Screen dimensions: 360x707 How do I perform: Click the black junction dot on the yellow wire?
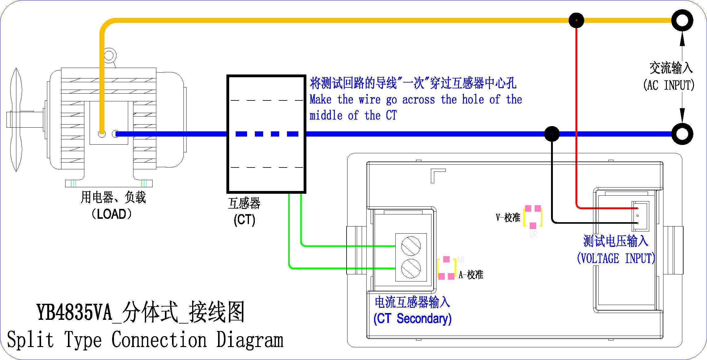click(576, 20)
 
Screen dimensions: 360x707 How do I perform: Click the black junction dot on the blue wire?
click(552, 134)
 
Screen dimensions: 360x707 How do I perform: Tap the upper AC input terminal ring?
click(682, 20)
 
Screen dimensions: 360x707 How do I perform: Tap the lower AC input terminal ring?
click(682, 134)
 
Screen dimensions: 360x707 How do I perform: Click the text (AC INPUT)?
click(669, 85)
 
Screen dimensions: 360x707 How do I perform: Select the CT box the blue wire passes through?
click(266, 134)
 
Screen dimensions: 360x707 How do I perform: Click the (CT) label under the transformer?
click(244, 220)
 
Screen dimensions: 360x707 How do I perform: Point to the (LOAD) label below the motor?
click(112, 214)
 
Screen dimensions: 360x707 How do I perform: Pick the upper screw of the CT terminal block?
click(411, 246)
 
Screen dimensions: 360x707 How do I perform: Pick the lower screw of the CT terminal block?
click(411, 269)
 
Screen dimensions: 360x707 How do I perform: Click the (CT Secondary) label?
click(412, 319)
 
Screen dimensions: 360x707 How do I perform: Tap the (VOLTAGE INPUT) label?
click(616, 258)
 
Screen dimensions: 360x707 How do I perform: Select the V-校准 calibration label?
click(508, 218)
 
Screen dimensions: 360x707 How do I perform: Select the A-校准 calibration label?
click(471, 275)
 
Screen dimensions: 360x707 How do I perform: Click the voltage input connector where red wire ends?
click(640, 216)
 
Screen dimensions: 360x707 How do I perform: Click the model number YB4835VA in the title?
click(74, 312)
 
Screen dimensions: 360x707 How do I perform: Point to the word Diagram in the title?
click(250, 340)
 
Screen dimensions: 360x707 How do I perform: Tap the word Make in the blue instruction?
click(321, 100)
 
